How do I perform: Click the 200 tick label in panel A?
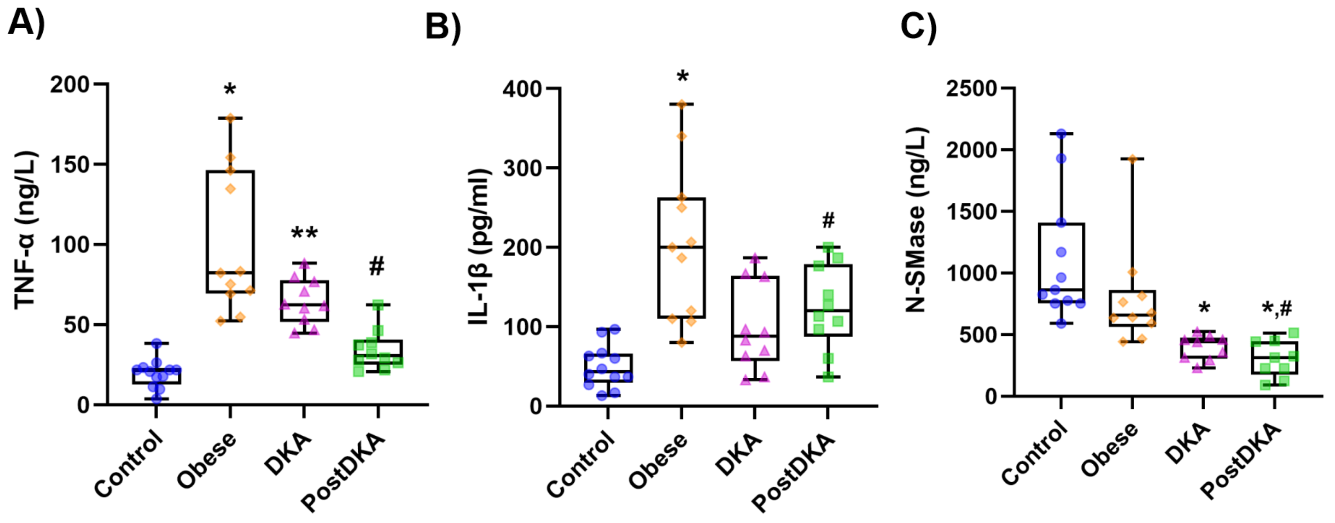click(x=70, y=85)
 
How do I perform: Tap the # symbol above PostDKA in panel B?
click(x=828, y=221)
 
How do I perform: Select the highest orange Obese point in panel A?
click(x=230, y=118)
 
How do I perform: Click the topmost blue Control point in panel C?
click(x=1061, y=134)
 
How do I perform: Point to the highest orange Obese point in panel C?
click(x=1132, y=159)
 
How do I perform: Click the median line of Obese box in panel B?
click(x=681, y=247)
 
